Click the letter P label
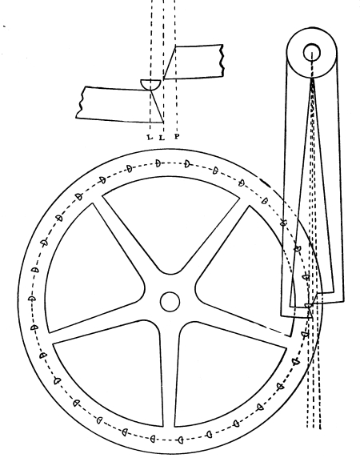[x=177, y=136]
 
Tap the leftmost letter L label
[x=150, y=137]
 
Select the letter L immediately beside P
[x=162, y=137]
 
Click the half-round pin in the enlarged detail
[x=150, y=84]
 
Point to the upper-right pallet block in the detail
[x=194, y=62]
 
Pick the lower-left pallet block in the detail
[x=120, y=104]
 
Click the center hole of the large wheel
[x=170, y=302]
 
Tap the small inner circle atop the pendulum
[x=312, y=53]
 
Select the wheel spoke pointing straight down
[x=169, y=374]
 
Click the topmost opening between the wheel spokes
[x=170, y=216]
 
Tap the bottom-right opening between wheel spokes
[x=227, y=377]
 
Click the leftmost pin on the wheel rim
[x=32, y=299]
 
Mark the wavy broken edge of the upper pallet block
[x=222, y=61]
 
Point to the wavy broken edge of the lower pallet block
[x=79, y=102]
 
